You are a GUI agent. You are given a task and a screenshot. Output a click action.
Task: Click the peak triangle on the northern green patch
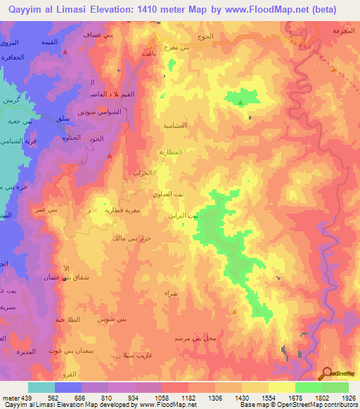[240, 103]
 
